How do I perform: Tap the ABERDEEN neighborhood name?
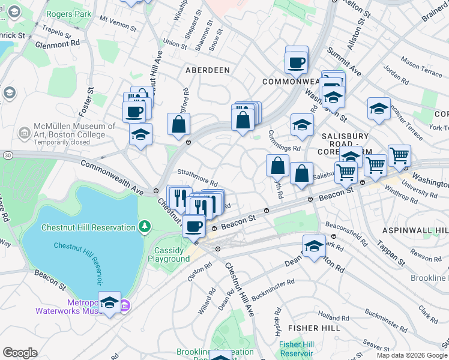(207, 70)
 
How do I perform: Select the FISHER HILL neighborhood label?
(315, 328)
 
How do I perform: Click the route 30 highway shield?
(6, 155)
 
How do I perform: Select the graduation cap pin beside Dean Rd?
(314, 246)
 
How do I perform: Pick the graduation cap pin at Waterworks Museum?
(109, 303)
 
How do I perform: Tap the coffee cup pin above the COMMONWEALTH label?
(297, 61)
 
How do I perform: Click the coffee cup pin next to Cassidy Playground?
(193, 227)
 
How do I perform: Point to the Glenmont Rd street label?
(58, 44)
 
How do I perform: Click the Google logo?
(20, 353)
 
